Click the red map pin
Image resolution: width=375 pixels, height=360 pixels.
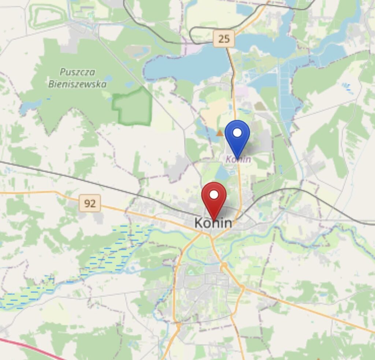(214, 198)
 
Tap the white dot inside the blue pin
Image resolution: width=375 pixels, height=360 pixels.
(237, 133)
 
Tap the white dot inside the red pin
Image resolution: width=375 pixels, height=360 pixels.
(214, 194)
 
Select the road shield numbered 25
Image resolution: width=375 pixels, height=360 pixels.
(223, 38)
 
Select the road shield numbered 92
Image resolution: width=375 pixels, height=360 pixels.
(90, 203)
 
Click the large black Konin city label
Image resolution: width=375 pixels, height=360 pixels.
(213, 223)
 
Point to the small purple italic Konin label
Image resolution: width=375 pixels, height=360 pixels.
(238, 159)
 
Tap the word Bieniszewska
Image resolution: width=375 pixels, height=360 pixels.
(78, 84)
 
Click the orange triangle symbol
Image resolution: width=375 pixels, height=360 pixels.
(219, 133)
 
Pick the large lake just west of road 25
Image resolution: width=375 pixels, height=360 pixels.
(187, 66)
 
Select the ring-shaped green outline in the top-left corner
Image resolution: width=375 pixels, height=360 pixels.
(48, 16)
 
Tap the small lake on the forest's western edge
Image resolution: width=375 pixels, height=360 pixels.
(27, 106)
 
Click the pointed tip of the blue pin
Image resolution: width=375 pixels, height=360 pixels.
(237, 159)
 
